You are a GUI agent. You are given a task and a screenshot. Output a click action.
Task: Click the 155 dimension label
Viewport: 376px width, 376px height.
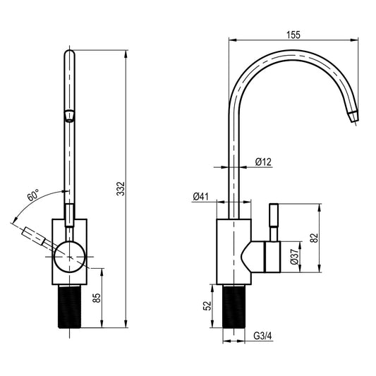[x=293, y=35]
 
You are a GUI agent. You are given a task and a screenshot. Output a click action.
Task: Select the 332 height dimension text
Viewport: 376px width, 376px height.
[x=121, y=189]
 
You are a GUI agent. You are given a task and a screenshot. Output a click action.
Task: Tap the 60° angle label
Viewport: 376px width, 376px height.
[x=33, y=195]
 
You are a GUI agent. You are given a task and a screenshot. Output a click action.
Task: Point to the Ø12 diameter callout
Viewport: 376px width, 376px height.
[x=263, y=162]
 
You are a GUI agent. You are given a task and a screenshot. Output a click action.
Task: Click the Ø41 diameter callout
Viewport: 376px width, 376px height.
[x=201, y=197]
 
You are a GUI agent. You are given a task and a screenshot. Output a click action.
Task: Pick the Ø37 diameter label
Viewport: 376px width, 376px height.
[x=294, y=257]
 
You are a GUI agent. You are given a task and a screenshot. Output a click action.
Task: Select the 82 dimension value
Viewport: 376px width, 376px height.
[x=314, y=238]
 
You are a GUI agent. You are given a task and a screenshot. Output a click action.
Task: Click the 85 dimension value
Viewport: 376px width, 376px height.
[x=97, y=298]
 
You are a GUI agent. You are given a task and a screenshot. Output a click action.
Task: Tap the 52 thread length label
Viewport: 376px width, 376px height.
[x=207, y=305]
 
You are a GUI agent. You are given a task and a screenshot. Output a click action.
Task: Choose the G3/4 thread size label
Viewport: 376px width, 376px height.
[x=263, y=336]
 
